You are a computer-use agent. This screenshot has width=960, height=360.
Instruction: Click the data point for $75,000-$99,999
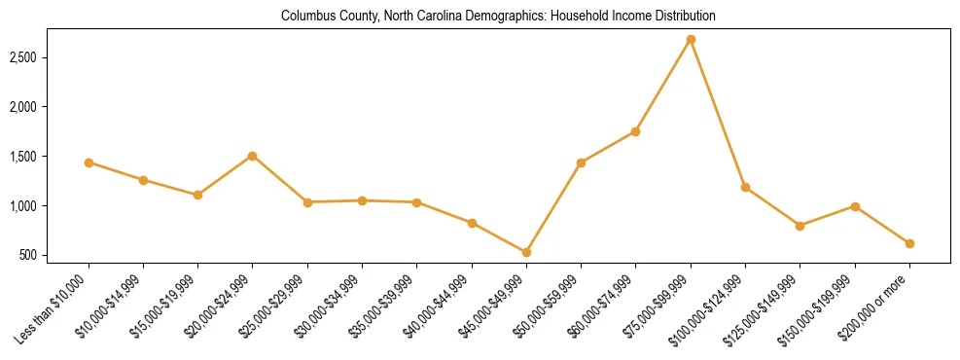point(691,40)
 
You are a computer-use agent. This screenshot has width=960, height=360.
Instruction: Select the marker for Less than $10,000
point(89,162)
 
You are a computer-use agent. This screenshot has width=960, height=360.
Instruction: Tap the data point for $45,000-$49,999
point(526,252)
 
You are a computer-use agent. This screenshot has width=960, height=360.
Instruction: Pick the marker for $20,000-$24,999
point(253,156)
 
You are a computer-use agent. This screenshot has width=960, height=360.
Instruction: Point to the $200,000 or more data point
point(909,243)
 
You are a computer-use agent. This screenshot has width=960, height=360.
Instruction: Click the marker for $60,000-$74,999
point(636,131)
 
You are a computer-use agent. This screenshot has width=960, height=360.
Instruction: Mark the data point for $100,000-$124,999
point(745,187)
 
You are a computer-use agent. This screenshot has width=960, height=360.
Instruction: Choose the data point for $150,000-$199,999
point(855,206)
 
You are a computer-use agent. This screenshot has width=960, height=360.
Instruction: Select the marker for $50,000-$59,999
point(581,162)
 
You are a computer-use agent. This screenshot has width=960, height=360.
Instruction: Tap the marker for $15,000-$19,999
point(198,195)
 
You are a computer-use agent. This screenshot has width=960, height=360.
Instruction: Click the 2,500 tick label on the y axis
point(49,57)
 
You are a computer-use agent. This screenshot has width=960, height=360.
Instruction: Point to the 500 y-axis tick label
point(54,256)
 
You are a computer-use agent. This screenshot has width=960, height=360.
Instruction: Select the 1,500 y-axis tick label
point(49,157)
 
